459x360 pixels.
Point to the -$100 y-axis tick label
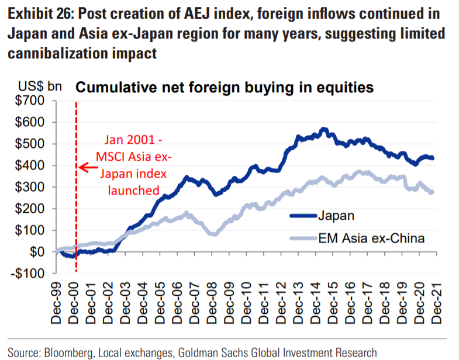tap(27, 273)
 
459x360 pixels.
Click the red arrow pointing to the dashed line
tap(88, 168)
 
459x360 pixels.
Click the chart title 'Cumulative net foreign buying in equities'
tap(224, 88)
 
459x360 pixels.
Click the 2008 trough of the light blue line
tap(213, 234)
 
